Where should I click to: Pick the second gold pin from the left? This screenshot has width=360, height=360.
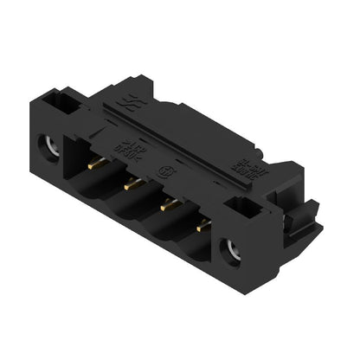click(x=132, y=183)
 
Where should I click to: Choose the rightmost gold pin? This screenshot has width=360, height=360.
click(x=204, y=226)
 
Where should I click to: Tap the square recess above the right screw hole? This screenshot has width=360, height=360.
click(x=249, y=209)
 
